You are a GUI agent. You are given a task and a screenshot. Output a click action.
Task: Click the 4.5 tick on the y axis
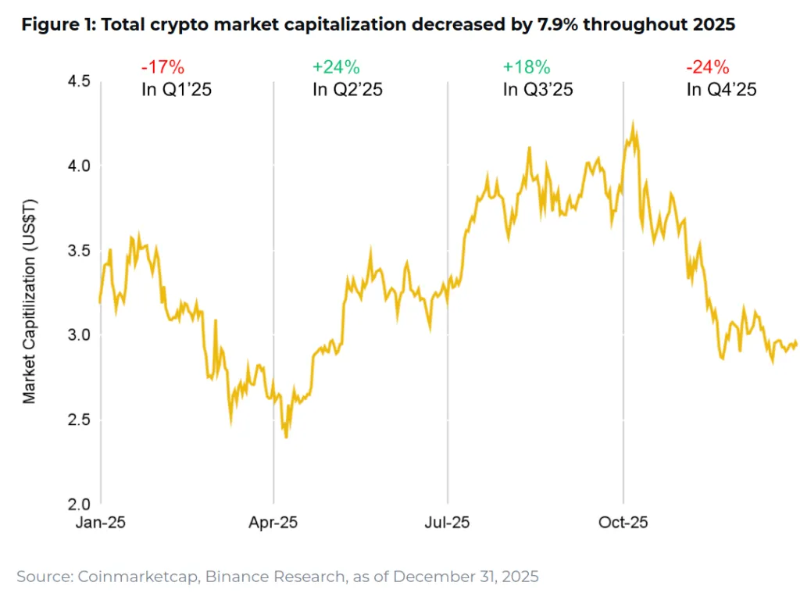[77, 81]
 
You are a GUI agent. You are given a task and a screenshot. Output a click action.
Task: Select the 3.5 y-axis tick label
[77, 251]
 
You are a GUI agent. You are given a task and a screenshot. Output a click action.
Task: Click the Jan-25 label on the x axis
[101, 522]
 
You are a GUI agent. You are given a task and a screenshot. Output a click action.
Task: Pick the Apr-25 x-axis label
[273, 522]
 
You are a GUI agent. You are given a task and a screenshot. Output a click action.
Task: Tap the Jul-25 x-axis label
[447, 522]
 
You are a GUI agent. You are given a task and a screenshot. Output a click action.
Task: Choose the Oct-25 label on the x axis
[623, 522]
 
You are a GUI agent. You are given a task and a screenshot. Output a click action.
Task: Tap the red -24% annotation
[706, 67]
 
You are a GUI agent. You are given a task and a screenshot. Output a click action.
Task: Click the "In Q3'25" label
[537, 90]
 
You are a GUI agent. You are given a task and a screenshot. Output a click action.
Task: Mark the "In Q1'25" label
[177, 90]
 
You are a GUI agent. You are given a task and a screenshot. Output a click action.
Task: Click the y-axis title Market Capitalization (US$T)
[29, 301]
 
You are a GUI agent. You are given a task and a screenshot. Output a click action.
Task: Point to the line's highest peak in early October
[632, 122]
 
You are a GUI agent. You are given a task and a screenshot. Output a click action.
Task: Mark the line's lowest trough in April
[286, 438]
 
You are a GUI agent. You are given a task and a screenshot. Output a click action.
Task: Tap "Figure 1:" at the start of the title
[59, 25]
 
